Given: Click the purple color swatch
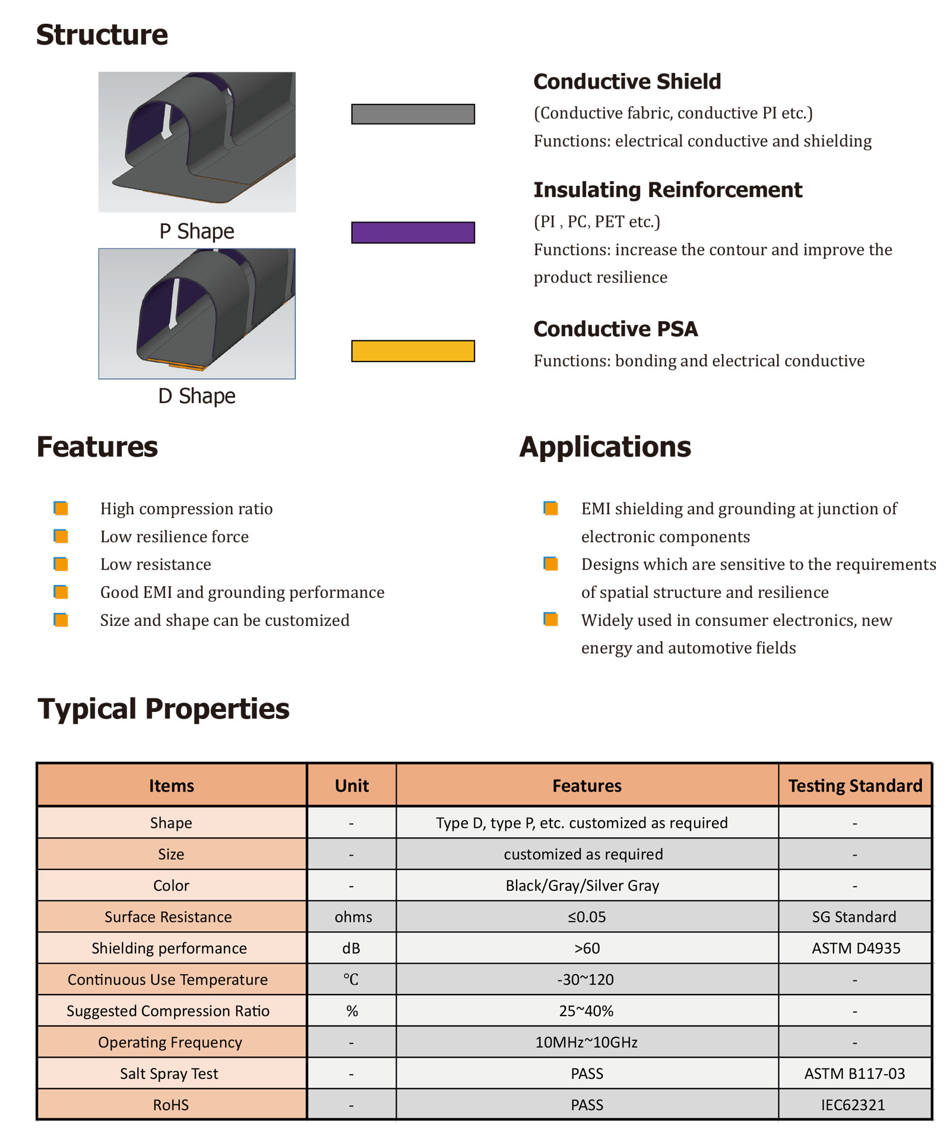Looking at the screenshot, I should [x=413, y=232].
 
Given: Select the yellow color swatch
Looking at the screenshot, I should [x=413, y=351].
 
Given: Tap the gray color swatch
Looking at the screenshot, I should [x=413, y=114].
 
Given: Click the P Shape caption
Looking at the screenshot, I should [x=197, y=231].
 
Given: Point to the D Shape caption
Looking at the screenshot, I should [x=197, y=395].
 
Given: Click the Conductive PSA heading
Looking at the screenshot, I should [x=615, y=328].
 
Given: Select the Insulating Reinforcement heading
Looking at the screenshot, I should [x=667, y=189].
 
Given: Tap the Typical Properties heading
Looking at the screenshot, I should [x=163, y=708].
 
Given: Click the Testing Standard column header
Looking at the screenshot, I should [x=855, y=786].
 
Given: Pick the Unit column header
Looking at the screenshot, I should [x=351, y=786].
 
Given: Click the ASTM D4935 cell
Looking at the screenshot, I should [x=855, y=948].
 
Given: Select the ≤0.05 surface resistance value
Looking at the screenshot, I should [x=587, y=917].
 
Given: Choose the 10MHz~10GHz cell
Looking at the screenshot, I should [x=586, y=1042].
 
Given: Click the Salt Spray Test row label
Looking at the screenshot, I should [x=169, y=1074].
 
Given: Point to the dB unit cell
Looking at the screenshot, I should [x=351, y=948].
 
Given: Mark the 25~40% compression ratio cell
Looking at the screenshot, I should [x=586, y=1011].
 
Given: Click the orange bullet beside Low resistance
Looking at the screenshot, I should [x=61, y=564].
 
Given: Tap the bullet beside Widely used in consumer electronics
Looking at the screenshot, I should [x=550, y=619].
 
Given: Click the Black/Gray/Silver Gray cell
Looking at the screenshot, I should [x=582, y=885].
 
